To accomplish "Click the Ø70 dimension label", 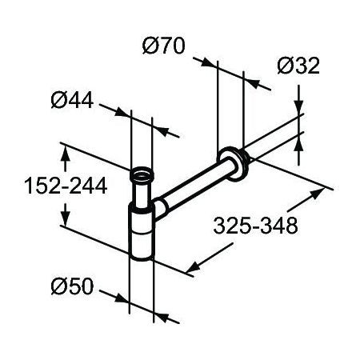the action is (163, 46).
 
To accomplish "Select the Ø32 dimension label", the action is (298, 66).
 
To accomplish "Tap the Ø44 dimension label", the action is (72, 100).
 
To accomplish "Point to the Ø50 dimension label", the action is (72, 286).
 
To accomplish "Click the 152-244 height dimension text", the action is (66, 186).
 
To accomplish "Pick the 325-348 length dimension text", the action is (255, 226).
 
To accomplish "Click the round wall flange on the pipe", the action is (233, 164).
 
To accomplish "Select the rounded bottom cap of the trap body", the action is (142, 254).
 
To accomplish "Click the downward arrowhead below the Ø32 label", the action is (298, 105).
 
